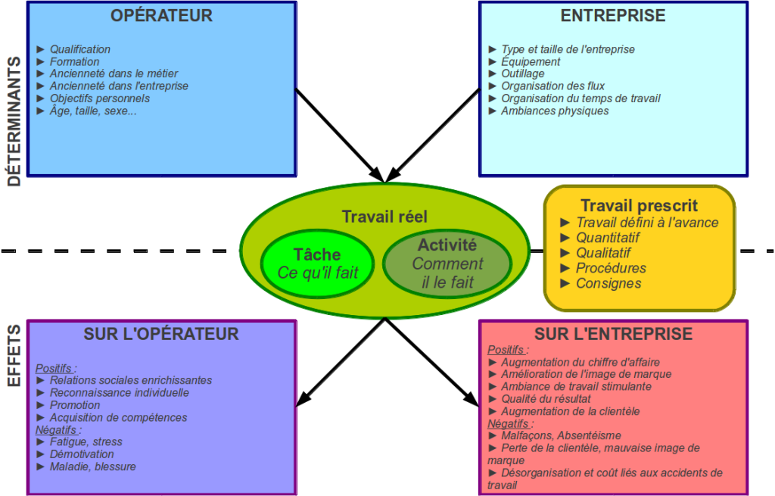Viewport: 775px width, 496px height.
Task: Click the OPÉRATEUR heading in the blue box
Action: tap(161, 16)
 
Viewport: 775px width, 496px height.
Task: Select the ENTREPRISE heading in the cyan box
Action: tap(613, 16)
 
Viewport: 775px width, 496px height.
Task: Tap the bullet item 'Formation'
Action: tap(74, 61)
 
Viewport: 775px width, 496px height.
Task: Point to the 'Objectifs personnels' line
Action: tap(99, 98)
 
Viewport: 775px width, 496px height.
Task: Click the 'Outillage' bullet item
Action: tap(522, 73)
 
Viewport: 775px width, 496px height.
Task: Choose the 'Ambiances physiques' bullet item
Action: tap(554, 111)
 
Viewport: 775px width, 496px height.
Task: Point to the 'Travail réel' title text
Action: tap(384, 217)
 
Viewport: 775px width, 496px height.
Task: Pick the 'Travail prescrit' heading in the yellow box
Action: tap(639, 205)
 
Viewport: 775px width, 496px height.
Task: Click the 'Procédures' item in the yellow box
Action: tap(611, 268)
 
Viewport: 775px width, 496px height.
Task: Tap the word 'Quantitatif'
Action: tap(608, 238)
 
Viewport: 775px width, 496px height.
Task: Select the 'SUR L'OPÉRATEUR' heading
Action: tap(161, 334)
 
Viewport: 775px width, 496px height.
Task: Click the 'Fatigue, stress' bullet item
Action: tap(86, 441)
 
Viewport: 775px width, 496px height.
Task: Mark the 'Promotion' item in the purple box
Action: tap(75, 405)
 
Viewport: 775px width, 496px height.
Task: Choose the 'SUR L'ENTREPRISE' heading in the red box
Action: tap(613, 334)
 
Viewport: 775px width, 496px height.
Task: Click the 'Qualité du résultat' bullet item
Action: tap(545, 398)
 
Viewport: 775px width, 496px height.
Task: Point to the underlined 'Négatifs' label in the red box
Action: tap(507, 423)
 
